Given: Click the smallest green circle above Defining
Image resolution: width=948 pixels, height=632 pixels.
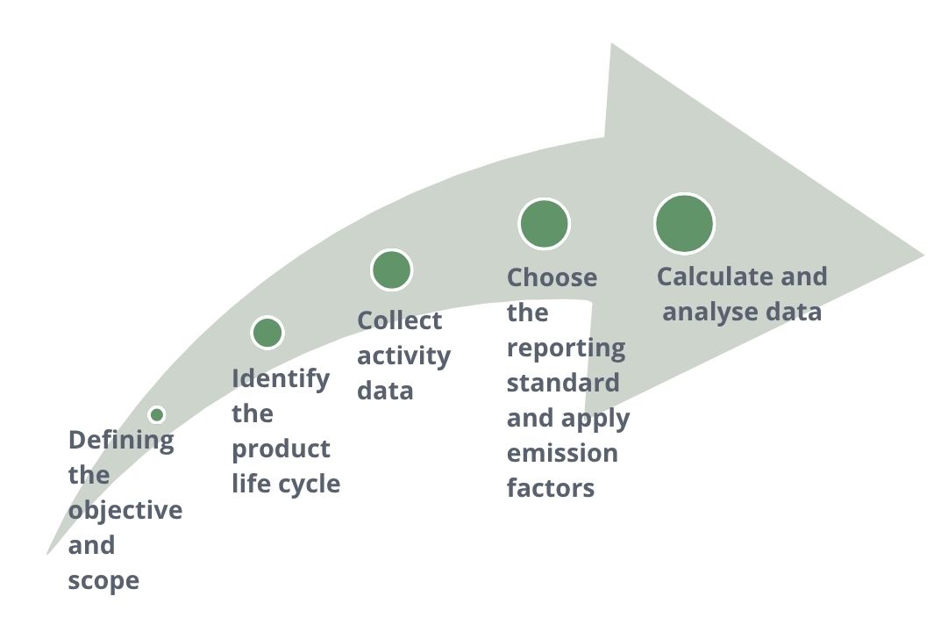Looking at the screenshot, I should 157,414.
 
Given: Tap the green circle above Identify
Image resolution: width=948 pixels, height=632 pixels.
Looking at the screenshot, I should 267,333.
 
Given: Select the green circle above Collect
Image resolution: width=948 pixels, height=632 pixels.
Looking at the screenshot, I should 391,269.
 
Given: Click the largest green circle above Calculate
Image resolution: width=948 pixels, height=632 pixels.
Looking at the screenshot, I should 684,223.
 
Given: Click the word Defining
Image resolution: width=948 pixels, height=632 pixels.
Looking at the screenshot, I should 121,441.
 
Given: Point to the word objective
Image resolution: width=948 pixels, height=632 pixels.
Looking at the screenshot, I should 125,511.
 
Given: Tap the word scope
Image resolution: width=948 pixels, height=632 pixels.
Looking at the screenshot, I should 103,581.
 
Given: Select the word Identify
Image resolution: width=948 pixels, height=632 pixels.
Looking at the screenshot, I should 281,379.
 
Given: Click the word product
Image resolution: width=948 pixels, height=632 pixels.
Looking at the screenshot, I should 281,449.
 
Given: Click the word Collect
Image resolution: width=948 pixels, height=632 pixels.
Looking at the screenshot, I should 400,320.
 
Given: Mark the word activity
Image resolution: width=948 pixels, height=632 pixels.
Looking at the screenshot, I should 403,356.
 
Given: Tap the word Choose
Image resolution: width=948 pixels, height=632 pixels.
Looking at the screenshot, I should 552,277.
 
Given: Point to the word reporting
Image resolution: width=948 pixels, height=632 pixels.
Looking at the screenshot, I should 566,348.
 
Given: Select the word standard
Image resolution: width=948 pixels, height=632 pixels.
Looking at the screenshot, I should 562,384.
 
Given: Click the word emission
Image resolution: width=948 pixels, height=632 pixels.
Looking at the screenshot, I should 562,454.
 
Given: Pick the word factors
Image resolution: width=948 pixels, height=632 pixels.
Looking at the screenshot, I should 551,488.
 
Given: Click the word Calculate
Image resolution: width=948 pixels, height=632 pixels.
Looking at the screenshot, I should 711,276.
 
